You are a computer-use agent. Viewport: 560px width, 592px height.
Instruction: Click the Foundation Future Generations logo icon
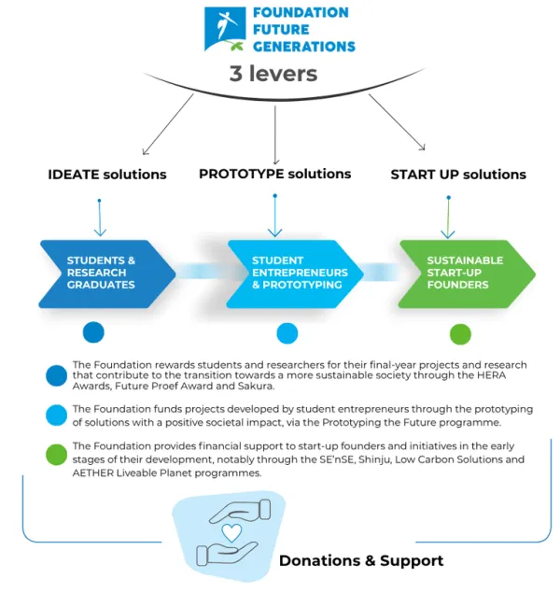coord(225,29)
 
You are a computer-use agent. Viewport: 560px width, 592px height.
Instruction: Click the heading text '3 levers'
coord(273,73)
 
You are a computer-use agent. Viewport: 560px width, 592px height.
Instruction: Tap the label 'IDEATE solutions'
coord(107,175)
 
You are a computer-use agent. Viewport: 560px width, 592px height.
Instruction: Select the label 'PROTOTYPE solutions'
coord(274,174)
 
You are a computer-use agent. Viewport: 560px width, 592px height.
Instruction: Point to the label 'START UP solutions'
coord(458,175)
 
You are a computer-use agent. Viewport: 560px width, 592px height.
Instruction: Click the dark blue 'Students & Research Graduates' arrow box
coord(107,275)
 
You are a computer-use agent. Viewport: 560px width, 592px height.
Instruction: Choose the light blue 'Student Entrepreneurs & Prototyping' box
coord(295,275)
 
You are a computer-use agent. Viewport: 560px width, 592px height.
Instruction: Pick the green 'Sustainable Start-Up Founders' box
coord(467,275)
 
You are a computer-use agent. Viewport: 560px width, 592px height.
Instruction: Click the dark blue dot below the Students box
coord(93,332)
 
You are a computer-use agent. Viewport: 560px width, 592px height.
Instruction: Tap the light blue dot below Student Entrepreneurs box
coord(287,333)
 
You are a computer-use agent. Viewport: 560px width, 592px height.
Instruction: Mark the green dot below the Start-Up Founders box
coord(460,334)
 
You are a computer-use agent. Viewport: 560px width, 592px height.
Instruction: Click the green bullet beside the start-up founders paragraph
coord(57,455)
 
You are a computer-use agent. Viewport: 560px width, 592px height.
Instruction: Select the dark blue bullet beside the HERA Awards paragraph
coord(57,375)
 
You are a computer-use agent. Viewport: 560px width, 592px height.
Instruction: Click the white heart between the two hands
coord(231,533)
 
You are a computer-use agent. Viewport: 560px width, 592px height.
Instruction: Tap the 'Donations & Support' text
coord(361,560)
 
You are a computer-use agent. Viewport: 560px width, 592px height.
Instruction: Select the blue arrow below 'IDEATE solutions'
coord(100,218)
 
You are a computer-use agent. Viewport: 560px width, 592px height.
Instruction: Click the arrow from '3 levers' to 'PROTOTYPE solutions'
coord(275,135)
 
